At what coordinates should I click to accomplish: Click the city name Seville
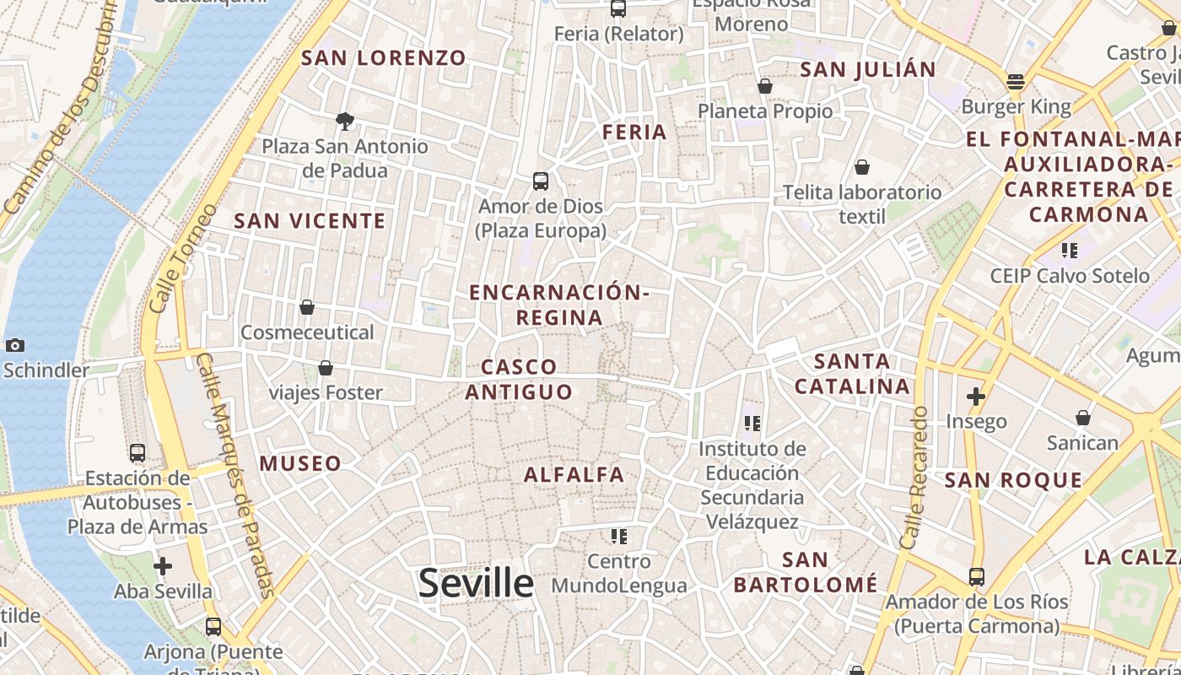point(476,583)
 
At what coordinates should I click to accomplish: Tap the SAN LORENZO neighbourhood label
point(384,58)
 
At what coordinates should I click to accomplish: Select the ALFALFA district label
point(574,475)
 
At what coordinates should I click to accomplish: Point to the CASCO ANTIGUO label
point(519,379)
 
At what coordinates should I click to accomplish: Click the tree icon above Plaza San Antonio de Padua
point(344,121)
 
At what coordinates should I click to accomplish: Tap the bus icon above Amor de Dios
point(541,181)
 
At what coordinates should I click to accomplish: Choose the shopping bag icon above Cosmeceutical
point(307,307)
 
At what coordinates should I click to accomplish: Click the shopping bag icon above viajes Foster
point(326,368)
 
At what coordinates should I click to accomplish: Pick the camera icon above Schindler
point(14,345)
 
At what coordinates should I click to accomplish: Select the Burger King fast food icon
point(1016,82)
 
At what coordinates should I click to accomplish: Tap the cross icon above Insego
point(976,396)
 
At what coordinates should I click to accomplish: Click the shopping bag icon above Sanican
point(1083,418)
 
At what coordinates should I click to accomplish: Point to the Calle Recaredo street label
point(914,478)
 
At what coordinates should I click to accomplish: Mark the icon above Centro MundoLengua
point(619,536)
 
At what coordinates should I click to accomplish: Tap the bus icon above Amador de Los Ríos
point(977,577)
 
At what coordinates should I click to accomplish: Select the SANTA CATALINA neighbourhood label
point(853,374)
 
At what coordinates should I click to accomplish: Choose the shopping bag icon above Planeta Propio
point(765,86)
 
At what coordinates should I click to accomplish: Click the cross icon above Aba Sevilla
point(163,566)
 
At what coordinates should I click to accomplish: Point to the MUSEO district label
point(300,463)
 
